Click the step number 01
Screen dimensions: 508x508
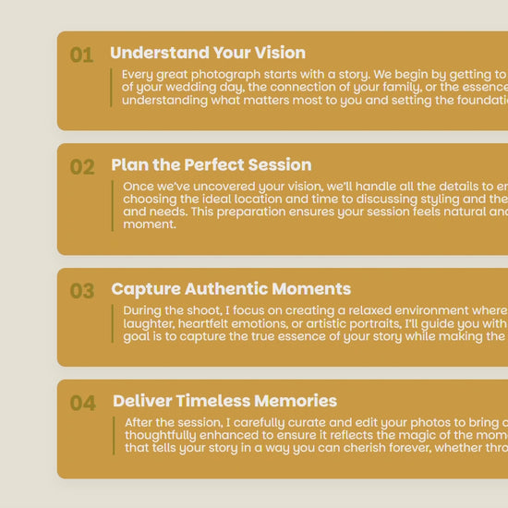(x=82, y=54)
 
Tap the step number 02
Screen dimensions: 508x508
(x=82, y=167)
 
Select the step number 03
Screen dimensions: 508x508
(x=82, y=291)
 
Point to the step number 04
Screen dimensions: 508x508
(x=82, y=403)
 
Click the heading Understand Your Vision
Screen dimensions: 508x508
(x=208, y=53)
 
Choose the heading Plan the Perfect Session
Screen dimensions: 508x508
(x=212, y=164)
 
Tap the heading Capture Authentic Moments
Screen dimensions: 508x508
(x=231, y=289)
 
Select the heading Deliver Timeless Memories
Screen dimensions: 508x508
(x=224, y=401)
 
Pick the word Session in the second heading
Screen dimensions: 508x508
(x=280, y=164)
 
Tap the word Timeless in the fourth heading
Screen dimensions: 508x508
(x=212, y=401)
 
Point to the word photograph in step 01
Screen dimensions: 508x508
(x=225, y=75)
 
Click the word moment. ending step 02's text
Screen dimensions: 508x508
(x=150, y=224)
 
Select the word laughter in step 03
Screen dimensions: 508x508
(x=149, y=323)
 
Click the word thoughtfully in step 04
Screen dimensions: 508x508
(x=160, y=435)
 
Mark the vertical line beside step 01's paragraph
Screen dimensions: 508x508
(x=111, y=88)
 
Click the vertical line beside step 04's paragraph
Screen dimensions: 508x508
(x=114, y=436)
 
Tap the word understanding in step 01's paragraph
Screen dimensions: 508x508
(x=164, y=101)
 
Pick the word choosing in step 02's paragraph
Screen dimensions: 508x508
(x=150, y=200)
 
